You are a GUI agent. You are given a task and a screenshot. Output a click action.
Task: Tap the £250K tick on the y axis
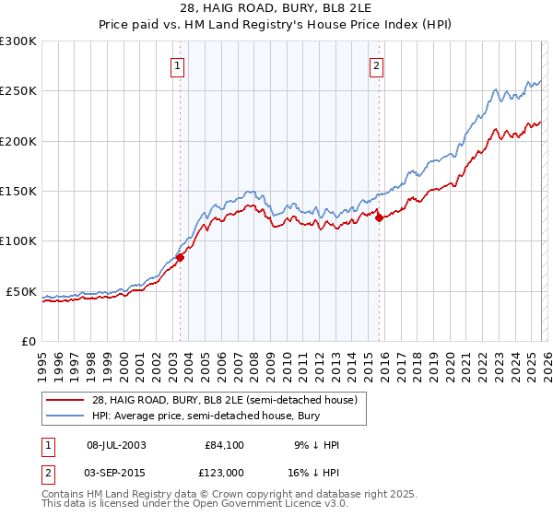(x=18, y=91)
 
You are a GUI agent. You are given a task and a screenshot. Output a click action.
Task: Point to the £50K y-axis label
(x=21, y=291)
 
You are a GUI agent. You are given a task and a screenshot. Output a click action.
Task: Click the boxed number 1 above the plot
(x=177, y=64)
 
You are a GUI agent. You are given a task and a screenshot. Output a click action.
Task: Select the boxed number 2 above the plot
(x=377, y=64)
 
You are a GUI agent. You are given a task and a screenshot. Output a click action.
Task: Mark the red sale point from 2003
(x=180, y=258)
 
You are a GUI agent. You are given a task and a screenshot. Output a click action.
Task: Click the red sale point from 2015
(x=379, y=218)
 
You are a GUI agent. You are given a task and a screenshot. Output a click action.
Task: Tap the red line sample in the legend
(x=66, y=400)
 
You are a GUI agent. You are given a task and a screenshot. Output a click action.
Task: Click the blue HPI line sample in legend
(x=66, y=416)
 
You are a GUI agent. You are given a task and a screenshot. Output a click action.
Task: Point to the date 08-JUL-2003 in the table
(x=115, y=445)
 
